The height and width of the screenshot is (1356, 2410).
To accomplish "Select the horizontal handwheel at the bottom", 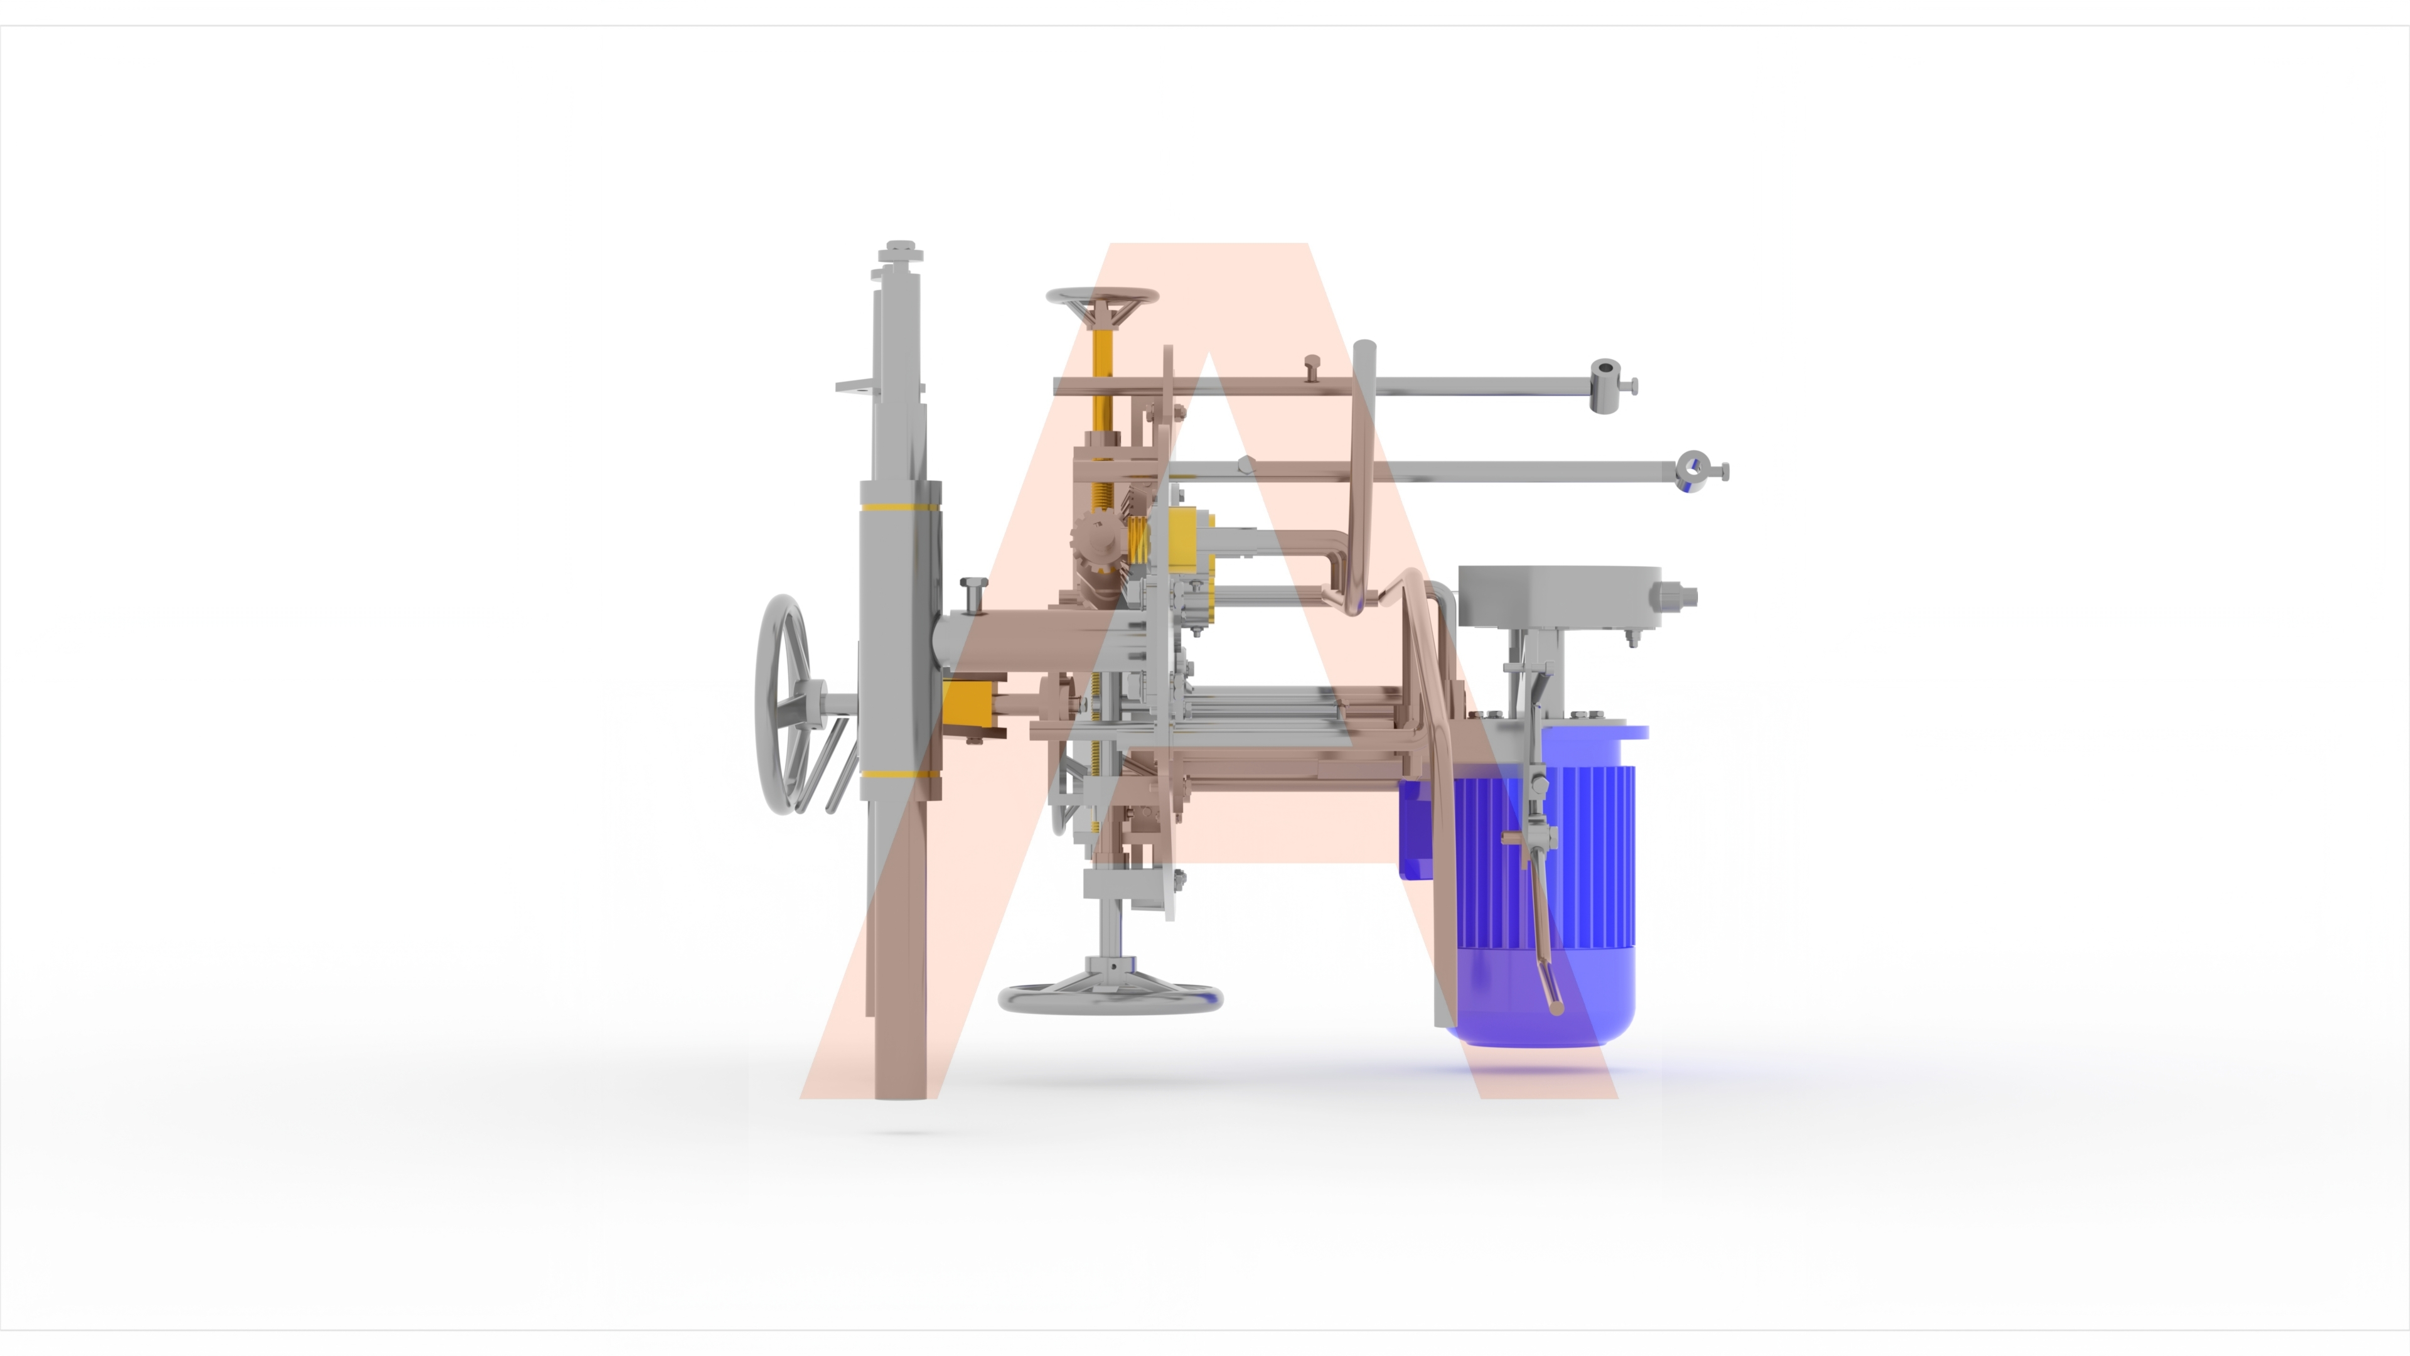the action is (1110, 998).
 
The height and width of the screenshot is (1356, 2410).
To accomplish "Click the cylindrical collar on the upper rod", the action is (1605, 385).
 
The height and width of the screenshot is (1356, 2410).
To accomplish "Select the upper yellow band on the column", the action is (900, 508).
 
